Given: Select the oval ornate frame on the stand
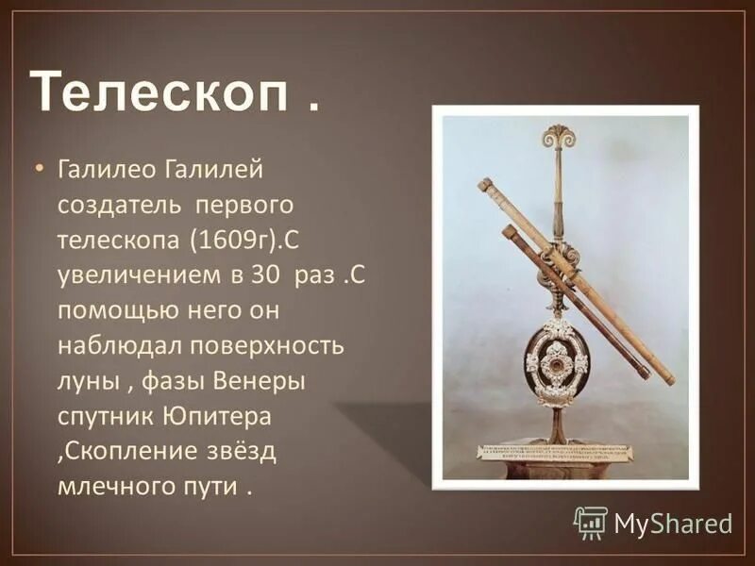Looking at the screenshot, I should [x=557, y=361].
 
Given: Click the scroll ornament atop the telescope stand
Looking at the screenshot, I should [x=558, y=137].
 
